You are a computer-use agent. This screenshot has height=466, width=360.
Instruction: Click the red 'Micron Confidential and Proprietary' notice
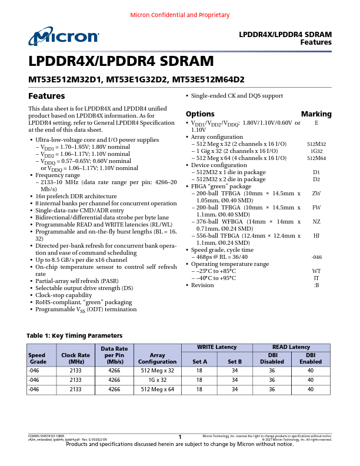(x=179, y=14)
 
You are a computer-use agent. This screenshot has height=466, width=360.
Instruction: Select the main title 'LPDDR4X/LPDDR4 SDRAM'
(x=121, y=62)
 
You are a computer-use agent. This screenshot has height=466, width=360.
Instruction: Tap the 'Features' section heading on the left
(x=46, y=96)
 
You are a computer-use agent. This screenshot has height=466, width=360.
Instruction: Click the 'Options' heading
(x=200, y=114)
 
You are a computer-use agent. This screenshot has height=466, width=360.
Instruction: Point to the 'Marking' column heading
(x=316, y=114)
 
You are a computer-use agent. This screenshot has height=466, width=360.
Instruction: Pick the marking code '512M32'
(x=316, y=144)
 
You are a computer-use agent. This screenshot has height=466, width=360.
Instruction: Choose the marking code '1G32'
(x=316, y=151)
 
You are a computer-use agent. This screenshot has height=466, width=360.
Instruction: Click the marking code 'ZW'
(x=316, y=193)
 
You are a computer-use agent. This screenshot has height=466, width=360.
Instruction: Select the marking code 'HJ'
(x=316, y=235)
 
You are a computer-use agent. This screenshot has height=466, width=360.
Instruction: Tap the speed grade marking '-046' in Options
(x=316, y=257)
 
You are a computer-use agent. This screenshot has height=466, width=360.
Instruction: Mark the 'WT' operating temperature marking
(x=316, y=271)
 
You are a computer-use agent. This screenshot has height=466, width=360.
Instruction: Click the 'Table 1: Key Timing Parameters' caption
(x=74, y=335)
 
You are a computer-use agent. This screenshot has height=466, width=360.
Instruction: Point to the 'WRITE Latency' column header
(x=218, y=347)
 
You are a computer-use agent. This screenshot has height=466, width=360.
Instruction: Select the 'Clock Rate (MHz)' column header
(x=75, y=358)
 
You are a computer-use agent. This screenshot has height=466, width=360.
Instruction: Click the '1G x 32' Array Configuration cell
(x=158, y=380)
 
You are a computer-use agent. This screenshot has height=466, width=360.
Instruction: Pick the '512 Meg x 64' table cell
(x=158, y=390)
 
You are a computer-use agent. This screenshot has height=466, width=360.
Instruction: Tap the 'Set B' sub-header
(x=235, y=362)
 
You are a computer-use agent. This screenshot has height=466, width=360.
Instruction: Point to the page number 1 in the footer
(x=180, y=437)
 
